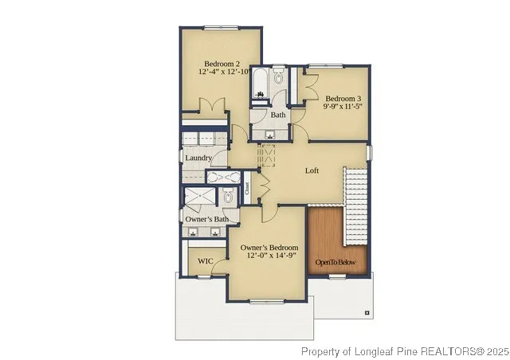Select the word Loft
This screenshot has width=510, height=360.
(313, 170)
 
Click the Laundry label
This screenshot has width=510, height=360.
(198, 158)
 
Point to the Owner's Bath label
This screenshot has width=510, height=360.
(206, 219)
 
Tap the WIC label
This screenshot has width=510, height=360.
(205, 260)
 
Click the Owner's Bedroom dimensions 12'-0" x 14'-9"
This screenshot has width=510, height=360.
(269, 256)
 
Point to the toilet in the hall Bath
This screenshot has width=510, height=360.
(278, 77)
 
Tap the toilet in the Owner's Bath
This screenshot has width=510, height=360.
(227, 197)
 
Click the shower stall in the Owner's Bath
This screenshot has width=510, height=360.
(197, 198)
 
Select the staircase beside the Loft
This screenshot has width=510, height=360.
(355, 205)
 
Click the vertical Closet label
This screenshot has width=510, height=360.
(248, 188)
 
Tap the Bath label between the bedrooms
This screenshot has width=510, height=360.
(277, 115)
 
